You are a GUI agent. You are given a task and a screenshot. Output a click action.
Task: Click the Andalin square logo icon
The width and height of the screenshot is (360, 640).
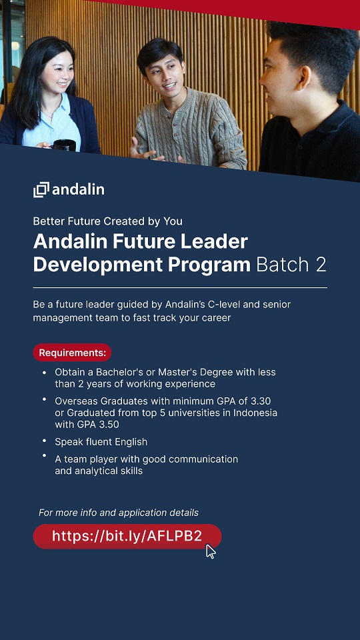coord(41,190)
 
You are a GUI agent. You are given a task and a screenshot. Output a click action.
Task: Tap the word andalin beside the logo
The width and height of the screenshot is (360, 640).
coord(79,189)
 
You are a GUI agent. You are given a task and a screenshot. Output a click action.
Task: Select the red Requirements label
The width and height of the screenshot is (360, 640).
coord(72,352)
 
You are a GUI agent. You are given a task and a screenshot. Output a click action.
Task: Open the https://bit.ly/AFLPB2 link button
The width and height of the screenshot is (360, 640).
coord(127,536)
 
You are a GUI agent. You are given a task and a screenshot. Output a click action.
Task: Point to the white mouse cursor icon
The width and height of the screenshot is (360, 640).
coord(211,551)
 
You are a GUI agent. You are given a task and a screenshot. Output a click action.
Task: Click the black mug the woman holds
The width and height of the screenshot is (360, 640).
coord(65,145)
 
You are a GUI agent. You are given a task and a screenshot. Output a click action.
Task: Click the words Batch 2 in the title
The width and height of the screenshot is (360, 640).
coord(291,265)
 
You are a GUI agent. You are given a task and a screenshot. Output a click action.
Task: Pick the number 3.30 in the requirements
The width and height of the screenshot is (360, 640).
coord(260,401)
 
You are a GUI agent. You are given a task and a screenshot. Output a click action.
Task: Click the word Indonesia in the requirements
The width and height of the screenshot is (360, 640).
coord(255,413)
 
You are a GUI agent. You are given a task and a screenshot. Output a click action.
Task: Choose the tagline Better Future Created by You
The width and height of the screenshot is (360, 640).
coord(108,221)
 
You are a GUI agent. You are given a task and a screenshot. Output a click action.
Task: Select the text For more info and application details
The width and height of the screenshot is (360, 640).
coord(119,513)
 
